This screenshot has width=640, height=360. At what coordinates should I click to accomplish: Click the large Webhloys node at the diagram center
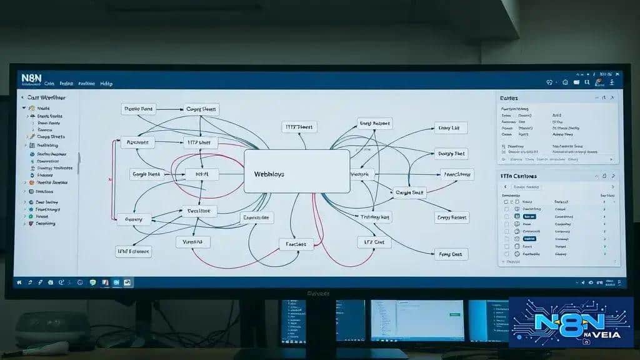click(296, 171)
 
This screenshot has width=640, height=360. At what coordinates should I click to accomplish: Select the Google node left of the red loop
click(146, 175)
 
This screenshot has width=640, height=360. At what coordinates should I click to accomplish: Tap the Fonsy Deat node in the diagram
click(451, 254)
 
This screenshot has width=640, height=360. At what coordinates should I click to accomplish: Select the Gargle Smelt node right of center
click(409, 193)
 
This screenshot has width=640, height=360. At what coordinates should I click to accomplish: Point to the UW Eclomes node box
click(134, 251)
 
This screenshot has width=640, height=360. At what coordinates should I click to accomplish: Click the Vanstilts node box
click(193, 241)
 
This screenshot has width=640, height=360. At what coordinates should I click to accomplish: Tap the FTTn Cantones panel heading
click(519, 176)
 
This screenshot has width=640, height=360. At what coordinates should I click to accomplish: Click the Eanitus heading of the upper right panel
click(509, 98)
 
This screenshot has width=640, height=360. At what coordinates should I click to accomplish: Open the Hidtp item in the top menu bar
click(107, 83)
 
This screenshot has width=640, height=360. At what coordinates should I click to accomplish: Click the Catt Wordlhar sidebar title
click(47, 97)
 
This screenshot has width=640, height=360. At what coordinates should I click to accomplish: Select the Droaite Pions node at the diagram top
click(139, 109)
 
